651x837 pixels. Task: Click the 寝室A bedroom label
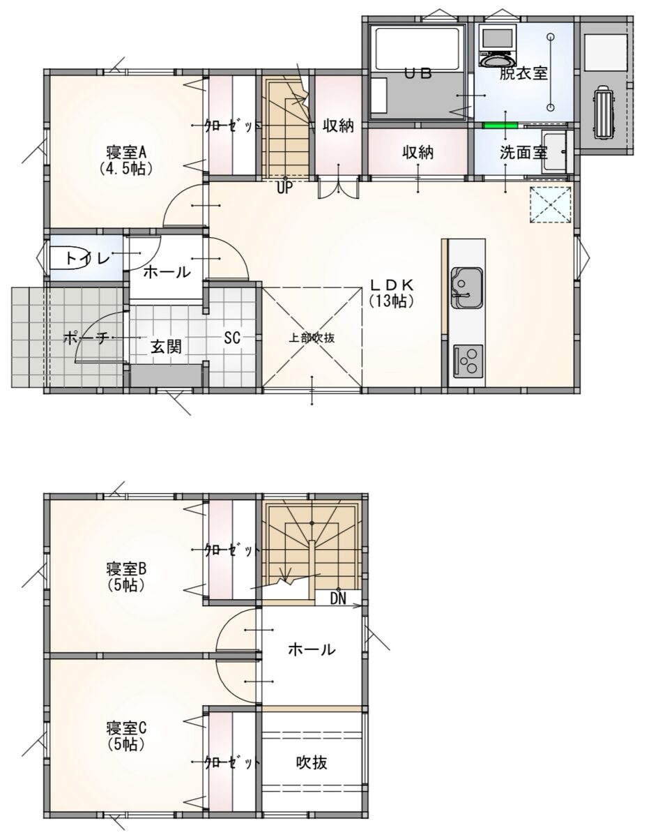tap(127, 153)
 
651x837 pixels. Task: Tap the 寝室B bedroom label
tap(127, 568)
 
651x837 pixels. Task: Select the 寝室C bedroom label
tap(127, 727)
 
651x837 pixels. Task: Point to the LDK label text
tap(392, 285)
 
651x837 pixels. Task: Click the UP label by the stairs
tap(285, 188)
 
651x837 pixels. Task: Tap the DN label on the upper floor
tap(338, 599)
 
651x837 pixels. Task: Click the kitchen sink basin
tap(467, 288)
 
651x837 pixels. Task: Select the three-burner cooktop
tap(468, 361)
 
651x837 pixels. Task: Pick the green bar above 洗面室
tap(500, 125)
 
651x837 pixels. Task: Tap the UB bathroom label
tap(419, 73)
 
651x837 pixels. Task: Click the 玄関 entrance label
tap(166, 347)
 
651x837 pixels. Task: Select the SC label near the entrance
tap(232, 338)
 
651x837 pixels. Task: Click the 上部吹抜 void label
tap(312, 338)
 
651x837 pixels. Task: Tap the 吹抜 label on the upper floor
tap(312, 762)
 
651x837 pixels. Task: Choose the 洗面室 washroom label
tap(523, 153)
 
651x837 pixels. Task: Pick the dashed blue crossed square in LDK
tap(551, 204)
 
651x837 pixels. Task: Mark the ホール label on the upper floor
tap(312, 650)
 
